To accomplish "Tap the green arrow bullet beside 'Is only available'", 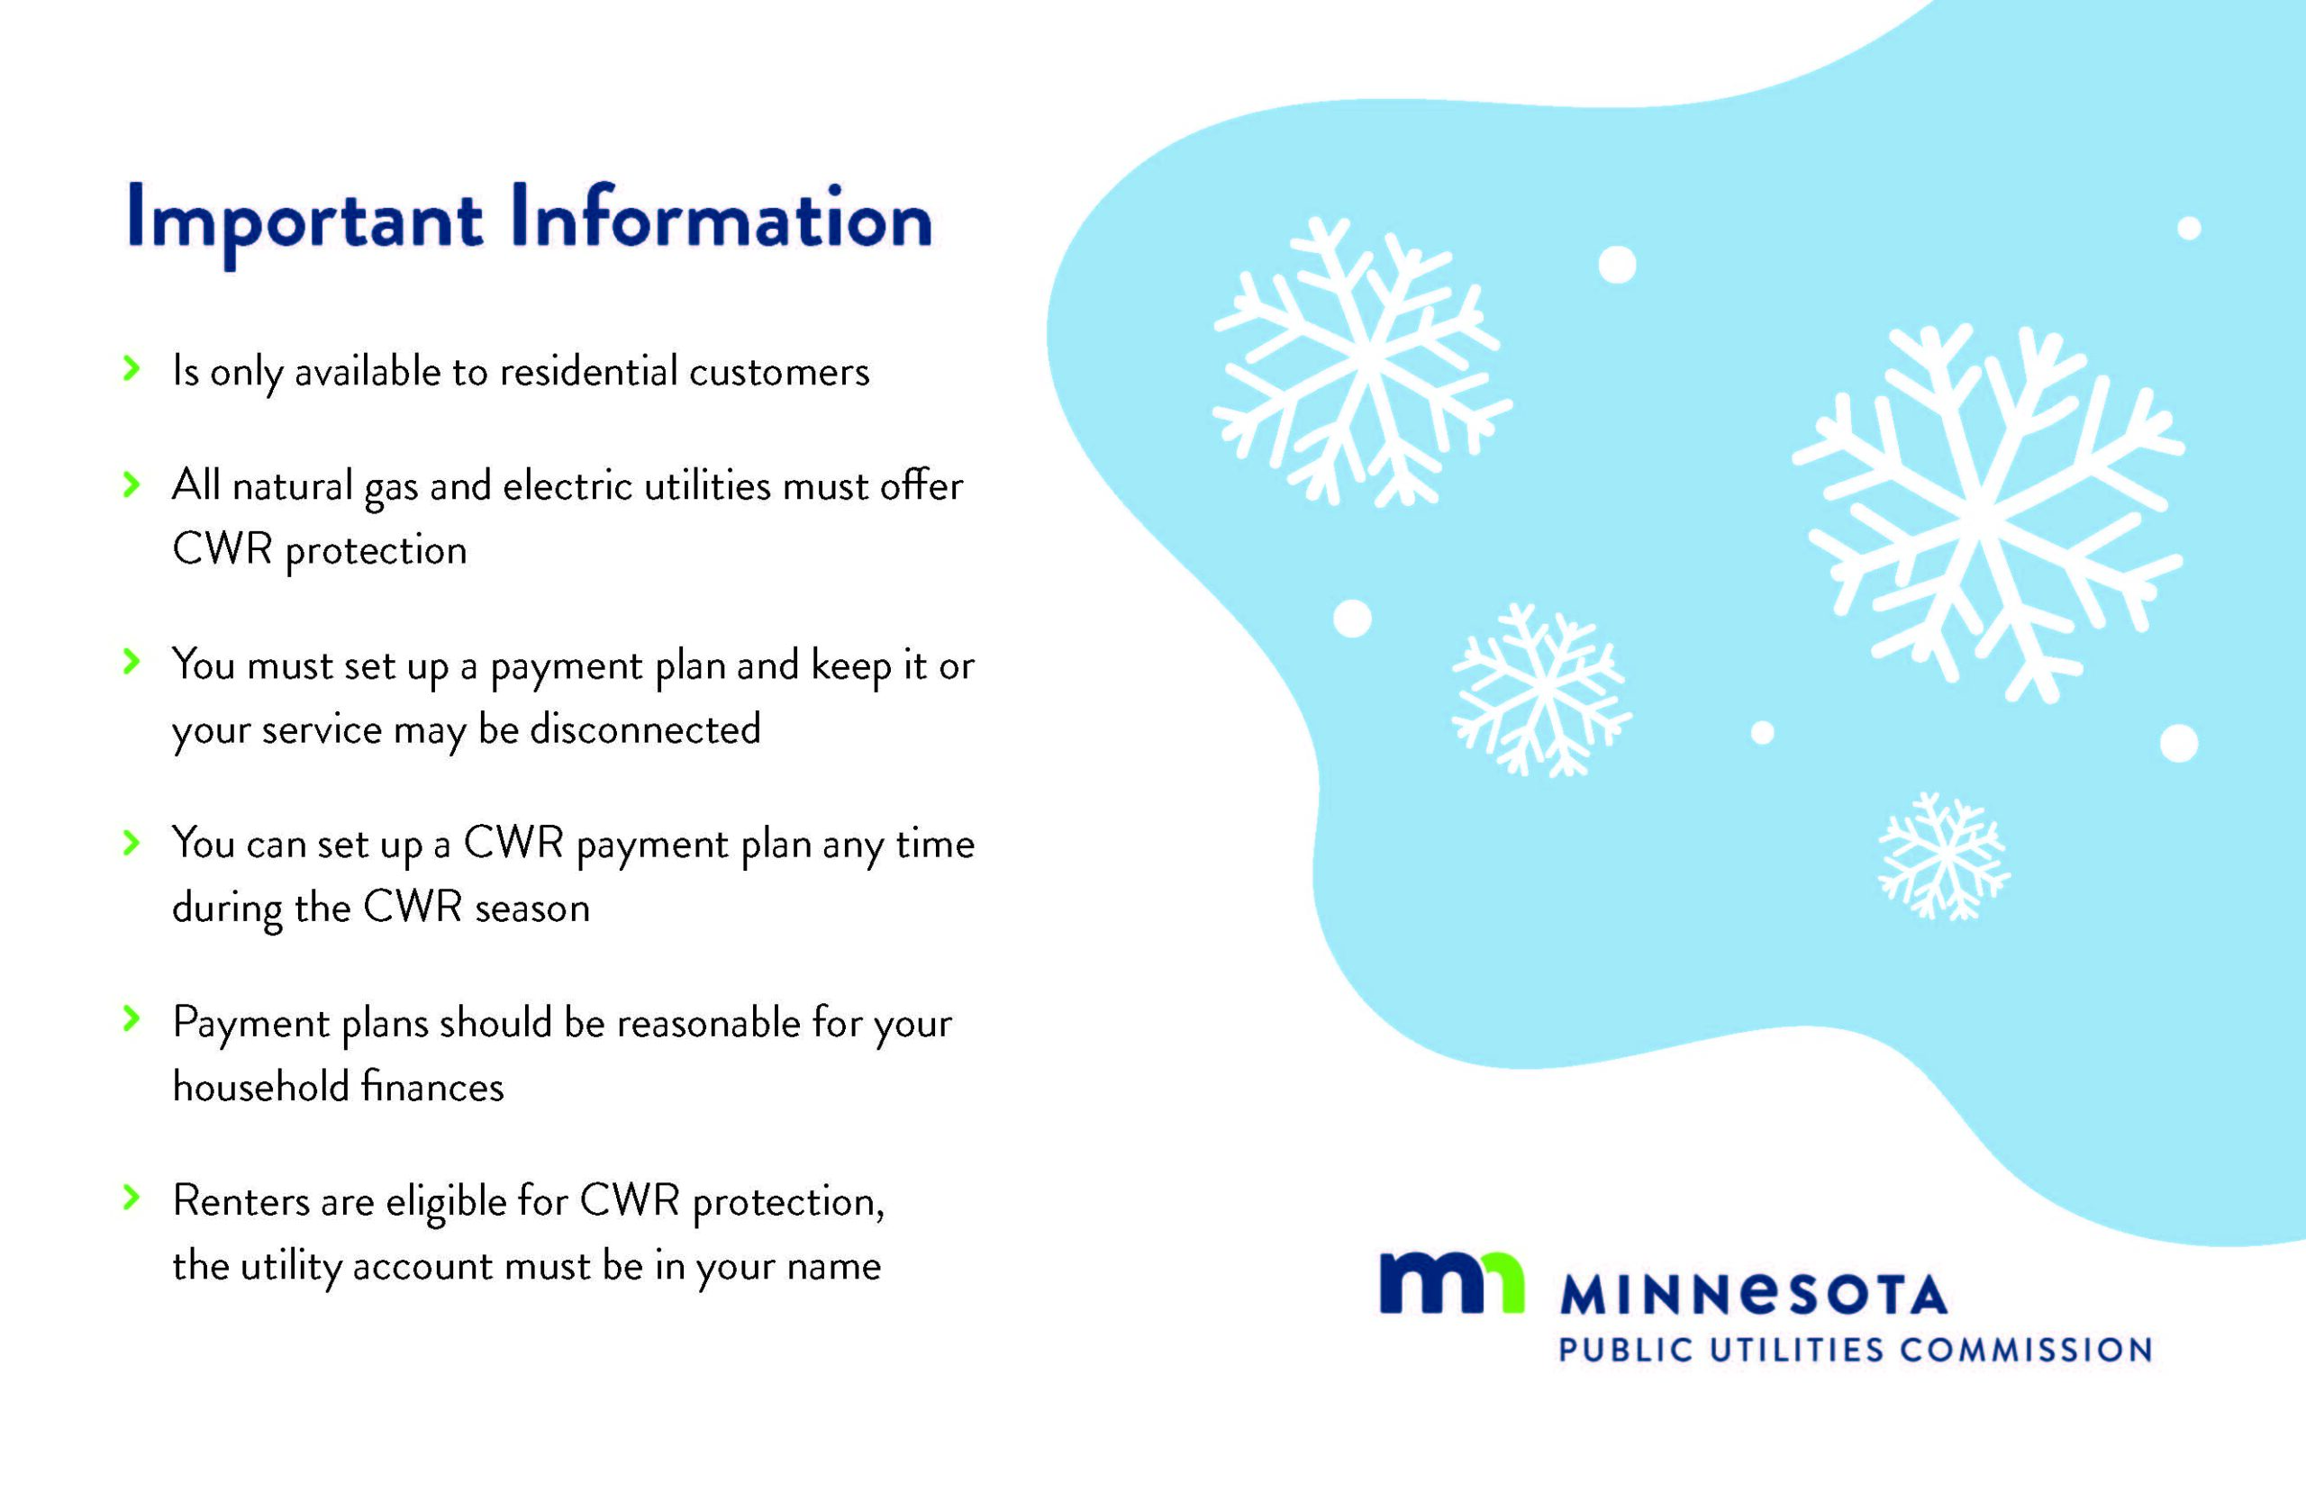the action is tap(132, 368).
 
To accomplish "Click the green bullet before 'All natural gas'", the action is tap(132, 484).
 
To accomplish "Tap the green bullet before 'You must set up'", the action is tap(132, 663).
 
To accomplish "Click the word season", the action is tap(532, 909).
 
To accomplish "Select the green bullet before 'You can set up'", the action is tap(132, 842).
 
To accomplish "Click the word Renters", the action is tap(241, 1202).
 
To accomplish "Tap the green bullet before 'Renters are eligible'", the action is tap(132, 1198).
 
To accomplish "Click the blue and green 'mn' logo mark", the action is tap(1451, 1284).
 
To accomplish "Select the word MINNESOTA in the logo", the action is tap(1754, 1296).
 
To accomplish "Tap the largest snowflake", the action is tap(1986, 513).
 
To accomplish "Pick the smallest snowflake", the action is tap(1944, 856).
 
